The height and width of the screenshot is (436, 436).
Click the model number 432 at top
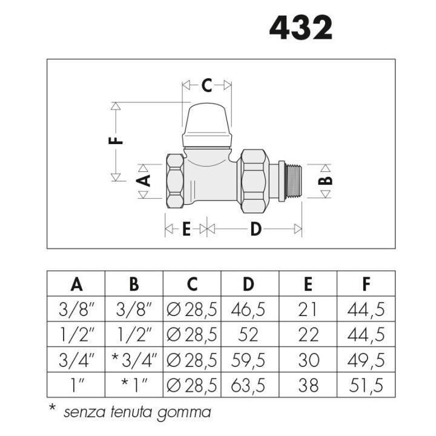pos(301,28)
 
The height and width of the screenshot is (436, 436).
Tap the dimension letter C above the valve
pos(206,85)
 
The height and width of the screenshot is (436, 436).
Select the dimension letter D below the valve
pos(256,229)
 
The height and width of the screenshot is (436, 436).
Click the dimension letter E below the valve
pos(187,229)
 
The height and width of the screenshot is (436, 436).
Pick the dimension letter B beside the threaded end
pos(325,180)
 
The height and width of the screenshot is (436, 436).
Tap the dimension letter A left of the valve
pos(143,180)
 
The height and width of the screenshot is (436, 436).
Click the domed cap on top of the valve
pos(207,125)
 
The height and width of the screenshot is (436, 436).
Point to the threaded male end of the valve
pos(293,181)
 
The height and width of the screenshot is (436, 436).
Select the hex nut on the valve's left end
pos(175,181)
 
